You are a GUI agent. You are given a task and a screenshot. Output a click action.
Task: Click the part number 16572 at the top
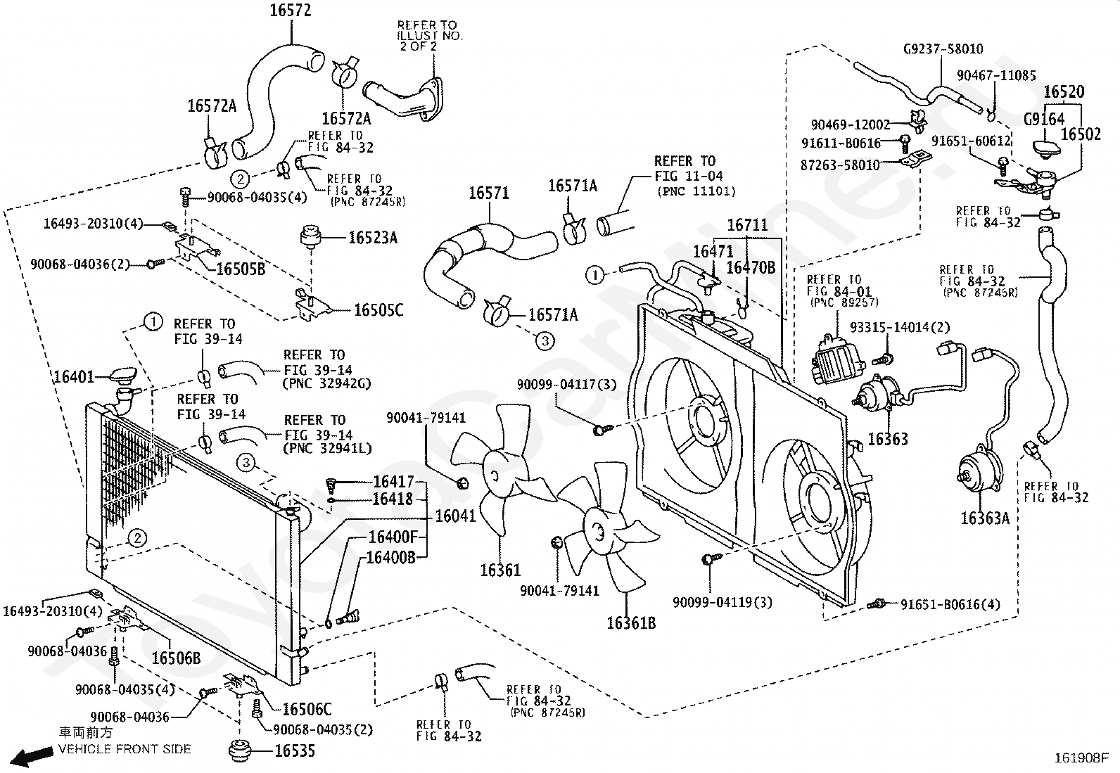290,11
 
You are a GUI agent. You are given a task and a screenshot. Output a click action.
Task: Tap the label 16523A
373,238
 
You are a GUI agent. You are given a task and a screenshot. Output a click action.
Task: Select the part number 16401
73,377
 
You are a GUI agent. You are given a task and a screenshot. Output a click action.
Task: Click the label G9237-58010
943,49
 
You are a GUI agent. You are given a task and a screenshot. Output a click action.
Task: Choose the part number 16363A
984,518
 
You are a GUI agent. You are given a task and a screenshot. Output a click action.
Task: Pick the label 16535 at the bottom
294,751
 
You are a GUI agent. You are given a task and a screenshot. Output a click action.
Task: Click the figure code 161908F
1081,758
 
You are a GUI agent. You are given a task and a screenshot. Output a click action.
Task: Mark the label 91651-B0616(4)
950,603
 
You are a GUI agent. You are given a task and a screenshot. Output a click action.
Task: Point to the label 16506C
307,710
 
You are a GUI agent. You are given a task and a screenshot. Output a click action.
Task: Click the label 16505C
378,310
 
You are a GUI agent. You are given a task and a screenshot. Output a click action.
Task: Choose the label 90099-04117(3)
566,385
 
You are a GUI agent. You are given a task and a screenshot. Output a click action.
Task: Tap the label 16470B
751,267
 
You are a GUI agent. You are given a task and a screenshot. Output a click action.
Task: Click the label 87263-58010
840,165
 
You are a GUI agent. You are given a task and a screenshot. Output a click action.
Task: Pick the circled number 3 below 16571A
545,341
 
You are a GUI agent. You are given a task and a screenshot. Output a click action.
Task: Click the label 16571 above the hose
489,193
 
